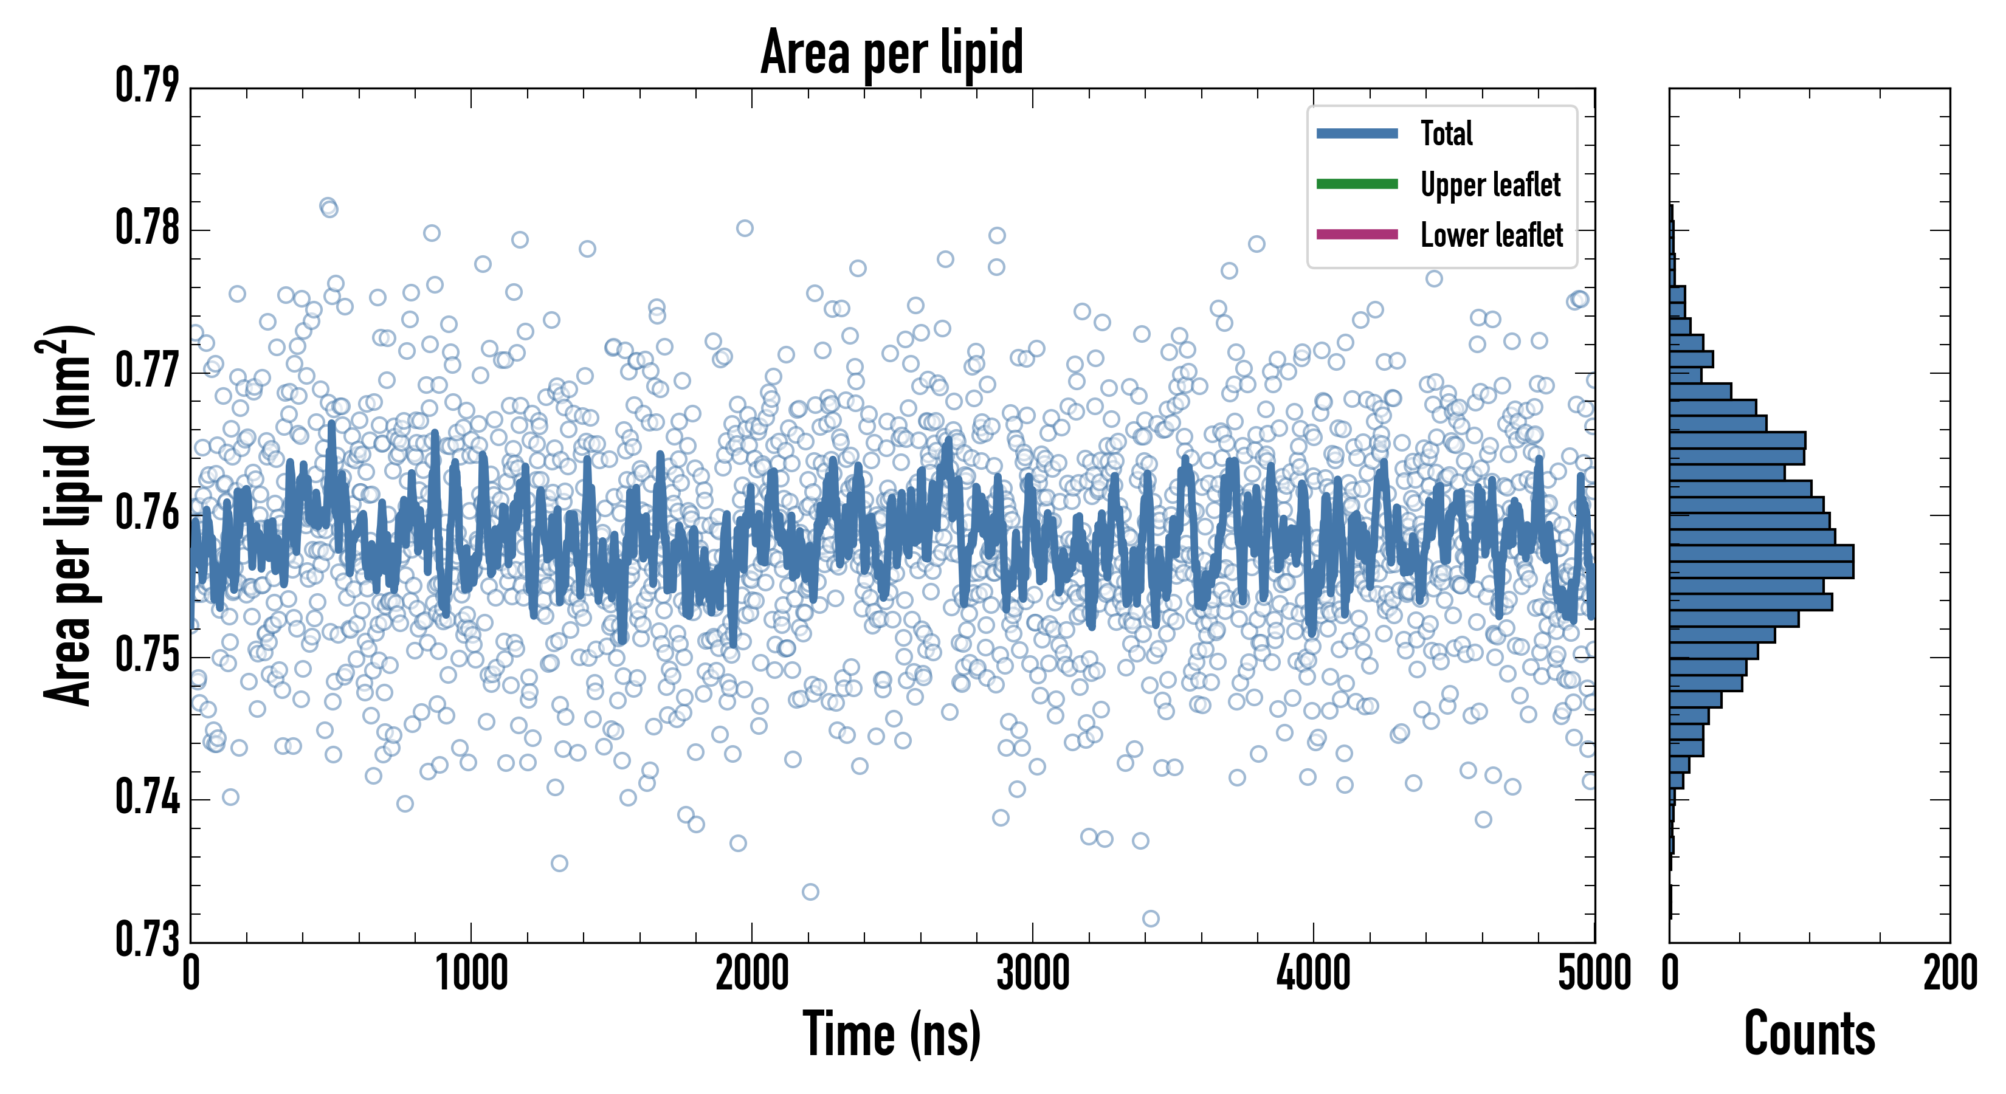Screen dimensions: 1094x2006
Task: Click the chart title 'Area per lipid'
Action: click(892, 52)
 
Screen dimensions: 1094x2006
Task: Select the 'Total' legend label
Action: click(1446, 133)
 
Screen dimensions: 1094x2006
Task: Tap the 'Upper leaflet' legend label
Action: click(1490, 185)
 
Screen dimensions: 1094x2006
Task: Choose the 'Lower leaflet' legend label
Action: click(1491, 235)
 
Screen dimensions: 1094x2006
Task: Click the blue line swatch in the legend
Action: click(1357, 134)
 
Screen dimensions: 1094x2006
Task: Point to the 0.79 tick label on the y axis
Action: click(147, 86)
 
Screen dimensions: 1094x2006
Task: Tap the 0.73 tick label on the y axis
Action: click(147, 939)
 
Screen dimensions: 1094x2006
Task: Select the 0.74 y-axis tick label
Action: click(147, 798)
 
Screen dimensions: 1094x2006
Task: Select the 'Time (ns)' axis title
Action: click(892, 1034)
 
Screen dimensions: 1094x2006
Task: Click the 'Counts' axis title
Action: click(1809, 1034)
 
